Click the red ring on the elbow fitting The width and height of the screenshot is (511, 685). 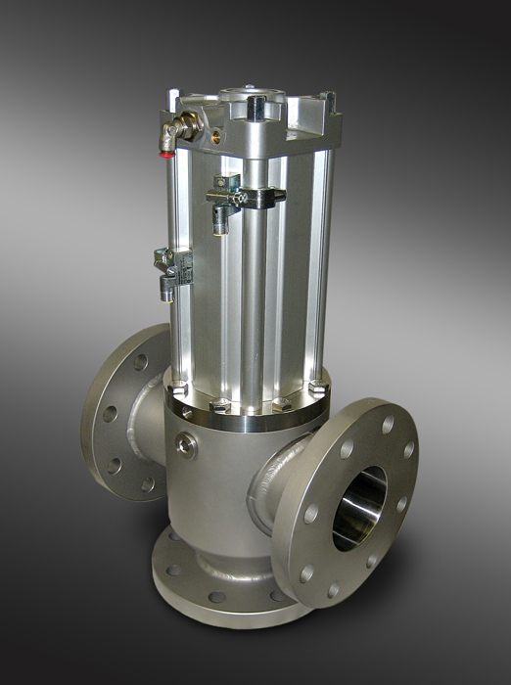pos(168,150)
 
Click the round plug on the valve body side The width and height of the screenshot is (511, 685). pos(186,446)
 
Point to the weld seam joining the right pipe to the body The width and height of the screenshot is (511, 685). pos(279,479)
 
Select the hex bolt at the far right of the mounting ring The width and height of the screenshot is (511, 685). pos(316,388)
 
